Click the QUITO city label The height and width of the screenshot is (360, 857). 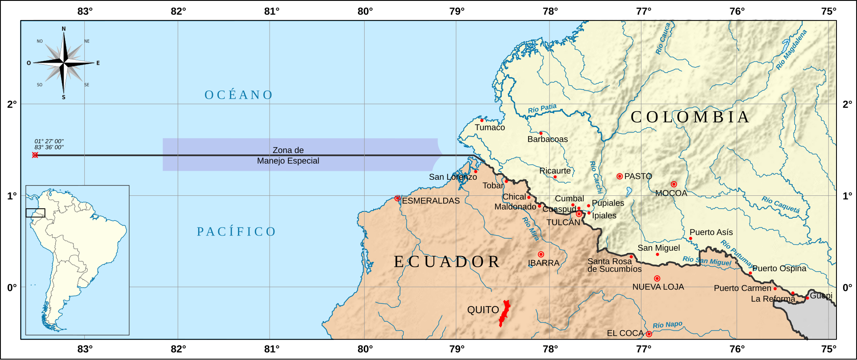pyautogui.click(x=483, y=310)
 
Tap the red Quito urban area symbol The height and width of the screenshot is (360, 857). pyautogui.click(x=504, y=314)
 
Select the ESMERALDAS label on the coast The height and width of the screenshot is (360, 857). pyautogui.click(x=430, y=201)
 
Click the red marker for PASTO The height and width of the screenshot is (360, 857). pyautogui.click(x=620, y=176)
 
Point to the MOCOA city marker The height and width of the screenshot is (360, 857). pyautogui.click(x=674, y=184)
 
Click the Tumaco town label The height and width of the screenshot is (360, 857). pyautogui.click(x=490, y=128)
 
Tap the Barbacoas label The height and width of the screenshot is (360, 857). pyautogui.click(x=547, y=139)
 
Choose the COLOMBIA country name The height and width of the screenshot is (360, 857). pyautogui.click(x=690, y=117)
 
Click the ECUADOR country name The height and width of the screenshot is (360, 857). pyautogui.click(x=446, y=261)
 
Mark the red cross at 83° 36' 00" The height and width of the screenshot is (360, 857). pyautogui.click(x=35, y=155)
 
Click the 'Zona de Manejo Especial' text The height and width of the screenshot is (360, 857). pyautogui.click(x=288, y=155)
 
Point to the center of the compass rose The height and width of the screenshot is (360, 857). pyautogui.click(x=64, y=63)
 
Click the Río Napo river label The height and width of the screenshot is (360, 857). pyautogui.click(x=667, y=325)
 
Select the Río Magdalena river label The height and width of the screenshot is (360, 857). pyautogui.click(x=791, y=50)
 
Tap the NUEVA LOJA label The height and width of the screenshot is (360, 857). pyautogui.click(x=658, y=287)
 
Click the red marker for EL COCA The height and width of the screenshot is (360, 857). pyautogui.click(x=649, y=334)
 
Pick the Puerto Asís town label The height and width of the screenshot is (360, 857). pyautogui.click(x=711, y=232)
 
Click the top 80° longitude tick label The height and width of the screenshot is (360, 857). pyautogui.click(x=365, y=11)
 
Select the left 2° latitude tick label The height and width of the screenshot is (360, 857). pyautogui.click(x=12, y=104)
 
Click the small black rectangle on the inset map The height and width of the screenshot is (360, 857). pyautogui.click(x=35, y=213)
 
